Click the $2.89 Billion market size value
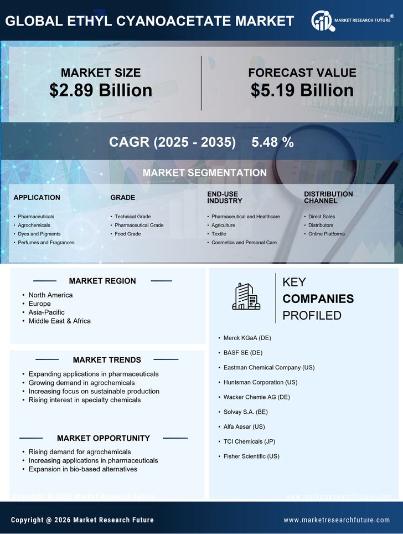point(101,90)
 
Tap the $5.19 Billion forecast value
point(302,90)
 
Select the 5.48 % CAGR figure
point(272,142)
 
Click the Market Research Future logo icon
point(322,20)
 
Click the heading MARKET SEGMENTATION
point(204,173)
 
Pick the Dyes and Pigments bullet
point(39,234)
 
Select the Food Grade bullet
point(127,234)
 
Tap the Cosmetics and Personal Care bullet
point(244,243)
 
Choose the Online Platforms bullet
point(326,234)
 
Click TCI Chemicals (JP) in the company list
point(249,441)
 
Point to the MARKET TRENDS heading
point(107,360)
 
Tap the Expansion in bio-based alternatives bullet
point(83,469)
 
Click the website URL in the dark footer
point(337,520)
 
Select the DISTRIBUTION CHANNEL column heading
point(328,197)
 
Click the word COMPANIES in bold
point(318,299)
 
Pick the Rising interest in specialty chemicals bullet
point(85,400)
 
